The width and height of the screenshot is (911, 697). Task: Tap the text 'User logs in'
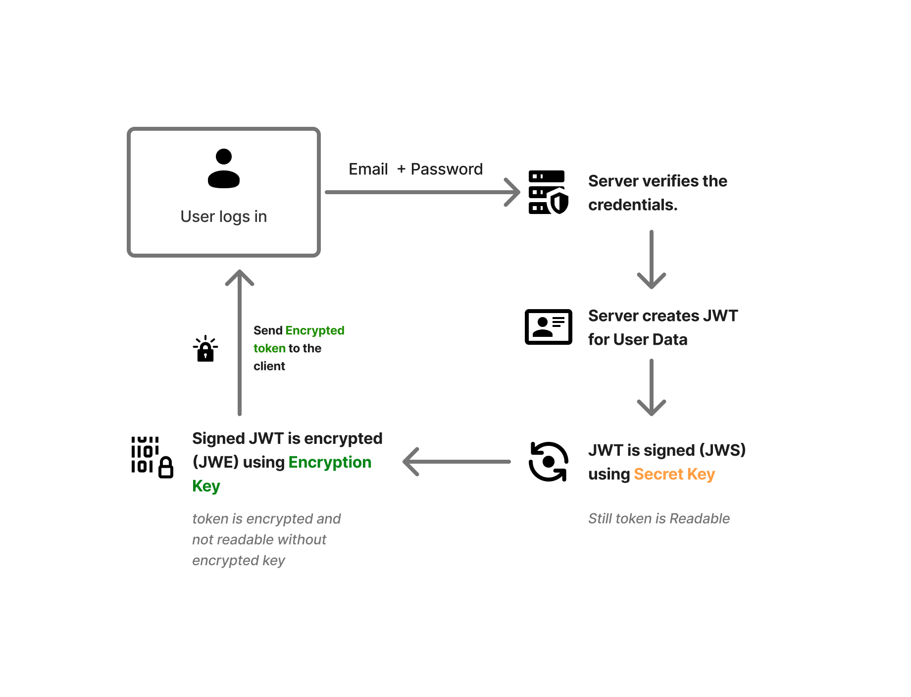(x=224, y=216)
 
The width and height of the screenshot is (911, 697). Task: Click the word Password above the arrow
(x=447, y=169)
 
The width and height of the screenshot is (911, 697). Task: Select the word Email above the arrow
(x=368, y=169)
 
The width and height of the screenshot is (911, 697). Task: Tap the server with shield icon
(x=548, y=192)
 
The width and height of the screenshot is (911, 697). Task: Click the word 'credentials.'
(x=633, y=205)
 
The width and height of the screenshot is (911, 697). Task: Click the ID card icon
(x=549, y=327)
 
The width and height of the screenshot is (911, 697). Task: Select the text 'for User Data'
(x=638, y=340)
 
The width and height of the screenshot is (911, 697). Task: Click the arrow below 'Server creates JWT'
(x=652, y=387)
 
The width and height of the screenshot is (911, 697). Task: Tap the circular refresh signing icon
(x=548, y=462)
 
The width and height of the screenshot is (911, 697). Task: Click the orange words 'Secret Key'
(x=674, y=474)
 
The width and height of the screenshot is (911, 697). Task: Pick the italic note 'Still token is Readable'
(x=658, y=519)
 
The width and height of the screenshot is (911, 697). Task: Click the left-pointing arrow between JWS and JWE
(x=456, y=462)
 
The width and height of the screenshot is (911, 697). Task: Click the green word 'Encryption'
(x=330, y=462)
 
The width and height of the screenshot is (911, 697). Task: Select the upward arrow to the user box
(x=240, y=342)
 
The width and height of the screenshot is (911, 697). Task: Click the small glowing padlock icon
(x=205, y=349)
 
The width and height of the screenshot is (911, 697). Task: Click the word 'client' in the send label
(x=269, y=366)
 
